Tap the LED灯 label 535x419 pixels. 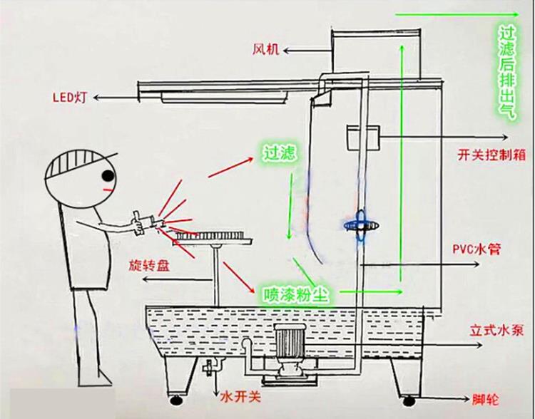click(68, 98)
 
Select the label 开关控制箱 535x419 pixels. click(493, 154)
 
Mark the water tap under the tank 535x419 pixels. click(210, 369)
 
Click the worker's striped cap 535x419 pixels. click(71, 161)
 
